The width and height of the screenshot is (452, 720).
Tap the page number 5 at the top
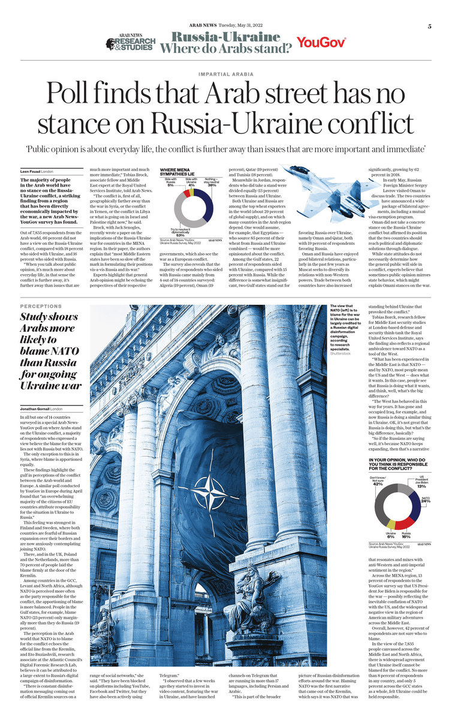[x=429, y=26]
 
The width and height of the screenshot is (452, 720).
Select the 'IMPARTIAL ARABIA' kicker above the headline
[x=225, y=75]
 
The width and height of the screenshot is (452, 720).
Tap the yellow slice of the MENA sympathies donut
[x=183, y=193]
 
